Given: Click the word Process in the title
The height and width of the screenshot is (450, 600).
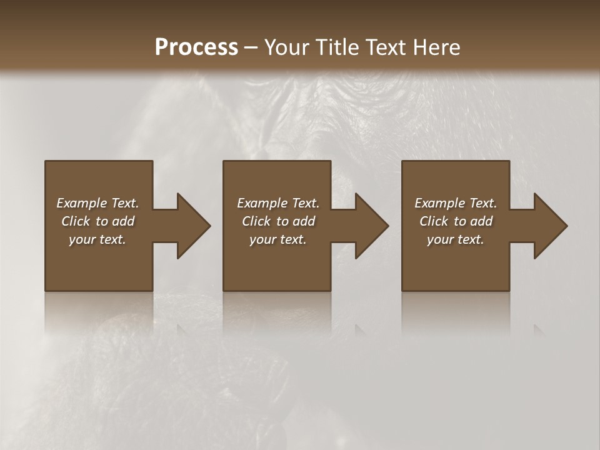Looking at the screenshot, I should tap(196, 47).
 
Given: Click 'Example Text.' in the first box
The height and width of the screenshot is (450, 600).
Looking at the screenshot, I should tap(97, 203).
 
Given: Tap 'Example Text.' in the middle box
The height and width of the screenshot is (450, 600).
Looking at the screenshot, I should tap(278, 203).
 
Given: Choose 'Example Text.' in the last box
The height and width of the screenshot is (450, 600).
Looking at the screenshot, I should tap(456, 203).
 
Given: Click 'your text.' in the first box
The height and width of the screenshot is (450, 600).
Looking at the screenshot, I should tap(97, 239).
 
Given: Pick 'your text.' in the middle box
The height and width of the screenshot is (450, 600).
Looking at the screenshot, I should tap(278, 239).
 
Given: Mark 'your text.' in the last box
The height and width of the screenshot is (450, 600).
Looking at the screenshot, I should tap(456, 239).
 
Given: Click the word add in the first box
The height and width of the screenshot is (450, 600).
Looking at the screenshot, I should tap(124, 221).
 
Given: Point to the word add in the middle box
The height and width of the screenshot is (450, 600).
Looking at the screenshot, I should tap(305, 221).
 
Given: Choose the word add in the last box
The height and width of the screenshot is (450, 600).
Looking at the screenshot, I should tap(482, 221).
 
